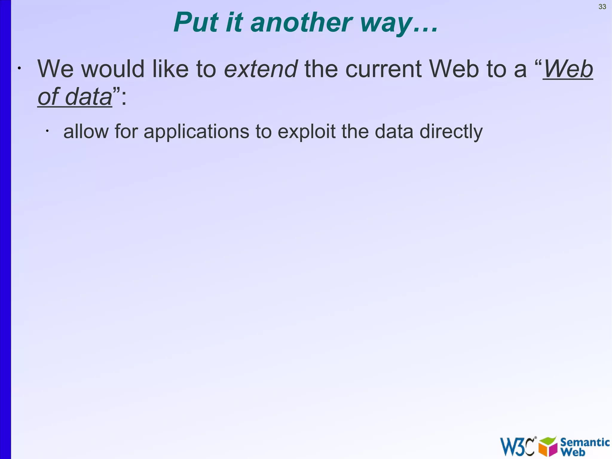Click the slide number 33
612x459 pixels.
point(602,7)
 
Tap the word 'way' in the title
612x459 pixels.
point(385,24)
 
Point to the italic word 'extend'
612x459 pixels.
point(261,69)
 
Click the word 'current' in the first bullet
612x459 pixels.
point(383,69)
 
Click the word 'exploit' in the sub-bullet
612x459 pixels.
point(306,132)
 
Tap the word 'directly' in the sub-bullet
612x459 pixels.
point(451,132)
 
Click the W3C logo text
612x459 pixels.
point(517,446)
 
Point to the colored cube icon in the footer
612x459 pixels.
point(548,446)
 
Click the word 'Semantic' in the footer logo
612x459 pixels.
point(585,442)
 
